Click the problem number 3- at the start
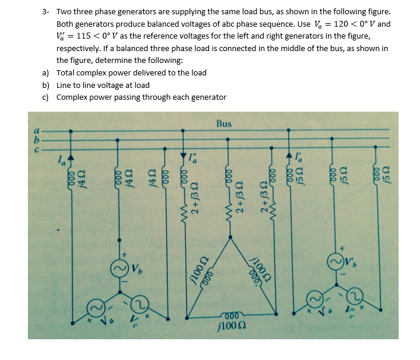point(46,12)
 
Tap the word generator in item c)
point(208,97)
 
